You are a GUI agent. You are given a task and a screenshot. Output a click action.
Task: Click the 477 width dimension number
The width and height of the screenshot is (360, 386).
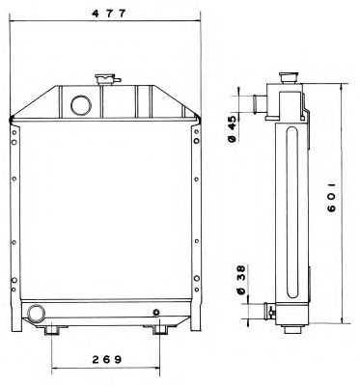click(x=108, y=14)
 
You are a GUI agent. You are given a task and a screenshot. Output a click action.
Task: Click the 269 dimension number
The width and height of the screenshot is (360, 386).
click(x=107, y=359)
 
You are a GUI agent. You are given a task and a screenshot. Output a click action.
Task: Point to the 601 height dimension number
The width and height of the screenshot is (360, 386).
click(x=331, y=198)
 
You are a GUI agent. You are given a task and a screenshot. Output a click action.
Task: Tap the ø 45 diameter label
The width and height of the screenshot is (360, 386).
click(x=232, y=128)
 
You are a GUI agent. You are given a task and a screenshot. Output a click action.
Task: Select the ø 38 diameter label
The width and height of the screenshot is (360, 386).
click(x=241, y=280)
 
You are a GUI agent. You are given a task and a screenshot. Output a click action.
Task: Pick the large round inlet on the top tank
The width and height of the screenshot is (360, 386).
click(x=81, y=105)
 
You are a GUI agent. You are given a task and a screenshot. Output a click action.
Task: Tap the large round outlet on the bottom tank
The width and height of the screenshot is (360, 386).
click(x=36, y=313)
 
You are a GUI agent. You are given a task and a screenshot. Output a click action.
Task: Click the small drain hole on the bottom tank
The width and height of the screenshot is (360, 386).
click(x=156, y=312)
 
